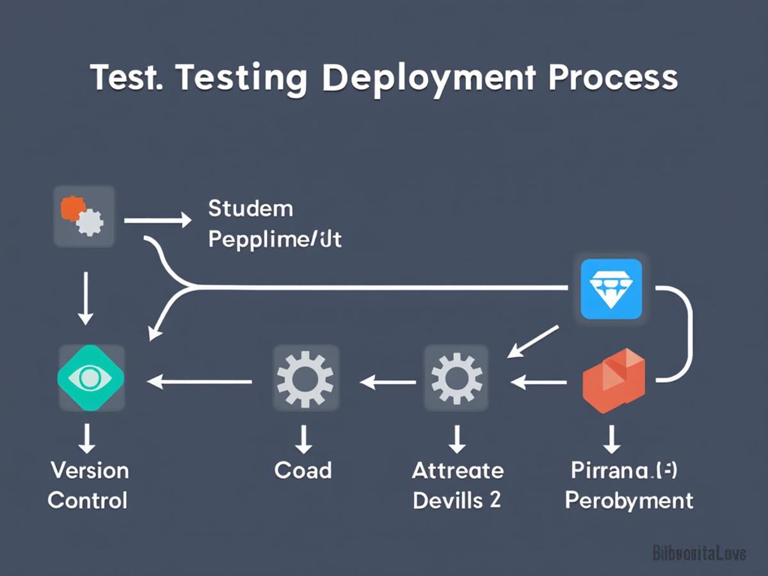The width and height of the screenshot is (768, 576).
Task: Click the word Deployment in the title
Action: coord(428,79)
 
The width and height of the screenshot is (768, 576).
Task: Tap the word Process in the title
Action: coord(612,77)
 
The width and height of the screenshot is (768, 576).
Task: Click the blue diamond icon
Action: coord(611,289)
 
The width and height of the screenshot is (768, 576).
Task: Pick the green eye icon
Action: coord(91,378)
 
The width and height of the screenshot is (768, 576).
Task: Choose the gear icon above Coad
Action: coord(305,379)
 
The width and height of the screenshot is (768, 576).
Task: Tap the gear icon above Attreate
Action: coord(456,379)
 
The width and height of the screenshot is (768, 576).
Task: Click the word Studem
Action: coord(251,208)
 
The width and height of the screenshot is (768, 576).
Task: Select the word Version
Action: coord(90,470)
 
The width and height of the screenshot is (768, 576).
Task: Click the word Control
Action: coord(88,500)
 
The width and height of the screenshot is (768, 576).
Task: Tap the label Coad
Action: coord(303,470)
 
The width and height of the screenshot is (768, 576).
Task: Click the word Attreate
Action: coord(458,470)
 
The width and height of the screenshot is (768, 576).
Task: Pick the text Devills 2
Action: coord(456,500)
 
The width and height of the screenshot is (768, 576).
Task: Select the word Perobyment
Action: coord(629,500)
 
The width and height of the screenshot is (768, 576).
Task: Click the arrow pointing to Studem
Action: coord(157,221)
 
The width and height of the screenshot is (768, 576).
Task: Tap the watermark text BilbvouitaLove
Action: coord(699,552)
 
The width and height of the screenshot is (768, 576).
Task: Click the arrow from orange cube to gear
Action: coord(539,383)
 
